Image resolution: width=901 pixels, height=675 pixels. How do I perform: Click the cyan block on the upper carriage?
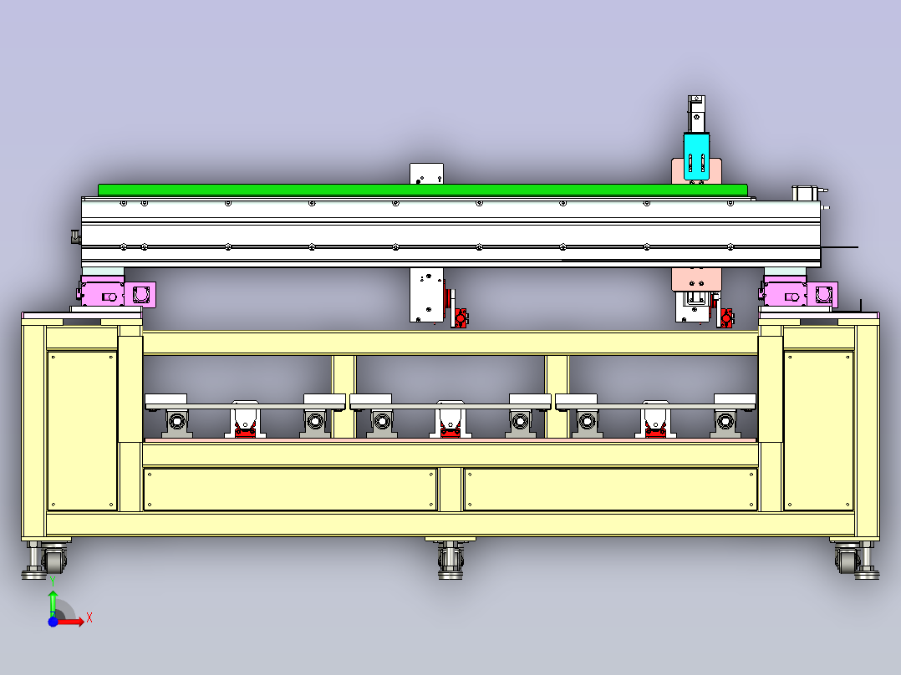[x=696, y=155]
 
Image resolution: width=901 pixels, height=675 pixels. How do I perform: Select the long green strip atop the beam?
[x=423, y=190]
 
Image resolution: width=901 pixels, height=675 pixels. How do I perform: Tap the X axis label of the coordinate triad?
[x=89, y=618]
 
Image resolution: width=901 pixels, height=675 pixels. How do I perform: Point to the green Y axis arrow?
[x=53, y=601]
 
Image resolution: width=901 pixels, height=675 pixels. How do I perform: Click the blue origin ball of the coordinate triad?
[x=53, y=622]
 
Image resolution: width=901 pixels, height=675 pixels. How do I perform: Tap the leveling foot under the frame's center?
[x=450, y=560]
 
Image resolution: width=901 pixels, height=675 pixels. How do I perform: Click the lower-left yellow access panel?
[x=290, y=489]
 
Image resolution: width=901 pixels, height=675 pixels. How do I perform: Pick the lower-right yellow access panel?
[x=611, y=489]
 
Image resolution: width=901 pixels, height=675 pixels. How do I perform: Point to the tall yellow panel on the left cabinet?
[x=82, y=431]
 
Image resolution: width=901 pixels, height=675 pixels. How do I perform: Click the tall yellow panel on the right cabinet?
[x=818, y=431]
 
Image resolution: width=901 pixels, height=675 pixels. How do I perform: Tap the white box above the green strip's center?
[x=426, y=174]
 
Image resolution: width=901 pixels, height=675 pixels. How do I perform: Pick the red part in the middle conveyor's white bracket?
[x=450, y=429]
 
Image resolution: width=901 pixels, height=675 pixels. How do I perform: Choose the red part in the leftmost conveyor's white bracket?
[x=246, y=429]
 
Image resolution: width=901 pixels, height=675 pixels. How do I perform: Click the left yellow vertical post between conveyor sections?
[x=344, y=396]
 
